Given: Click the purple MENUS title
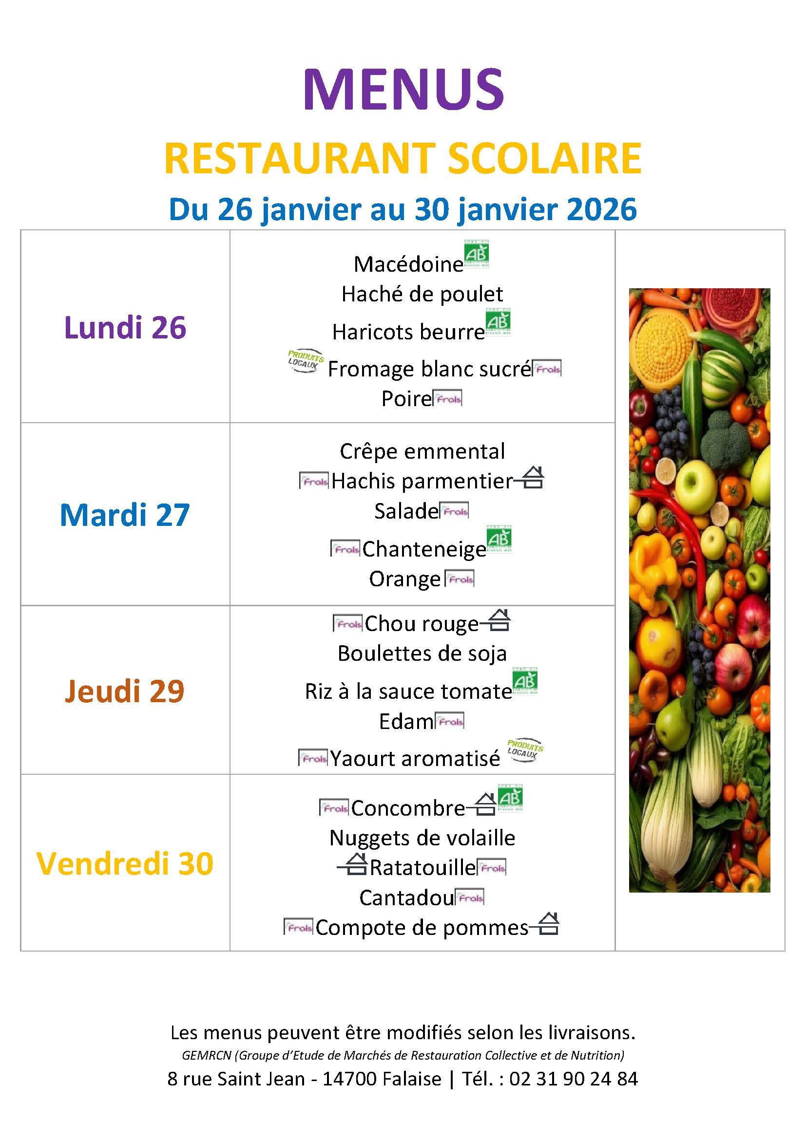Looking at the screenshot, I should click(403, 89).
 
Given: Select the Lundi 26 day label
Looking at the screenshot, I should click(125, 327).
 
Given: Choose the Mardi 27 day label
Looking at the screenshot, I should click(125, 514).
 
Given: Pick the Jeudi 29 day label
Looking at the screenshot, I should click(125, 691).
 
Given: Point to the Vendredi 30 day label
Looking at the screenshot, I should click(125, 863).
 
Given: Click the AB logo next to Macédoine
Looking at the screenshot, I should click(477, 254).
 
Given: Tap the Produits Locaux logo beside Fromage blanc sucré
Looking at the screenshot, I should click(305, 361).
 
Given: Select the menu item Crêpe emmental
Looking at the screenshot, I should click(422, 451).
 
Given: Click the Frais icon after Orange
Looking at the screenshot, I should click(460, 579).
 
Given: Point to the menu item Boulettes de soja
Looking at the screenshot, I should click(422, 654).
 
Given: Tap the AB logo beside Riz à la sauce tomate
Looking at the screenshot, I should click(525, 681).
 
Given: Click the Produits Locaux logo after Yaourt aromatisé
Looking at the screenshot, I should click(525, 749).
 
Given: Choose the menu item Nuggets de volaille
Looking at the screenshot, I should click(422, 838).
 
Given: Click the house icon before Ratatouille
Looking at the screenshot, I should click(353, 865).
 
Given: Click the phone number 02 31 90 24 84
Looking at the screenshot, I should click(573, 1079).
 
